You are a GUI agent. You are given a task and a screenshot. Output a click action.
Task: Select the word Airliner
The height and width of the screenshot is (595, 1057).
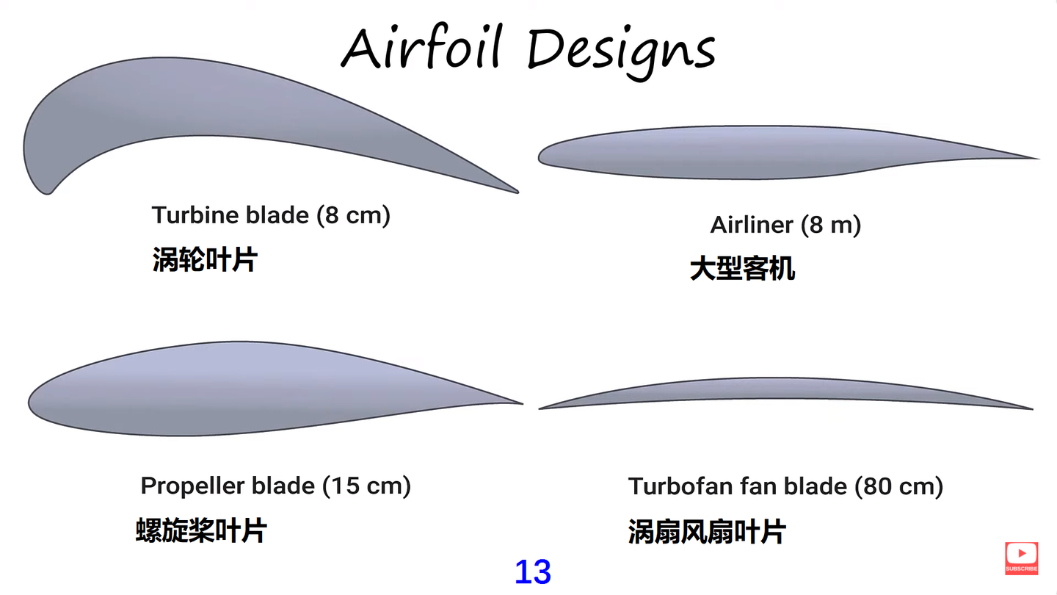click(752, 225)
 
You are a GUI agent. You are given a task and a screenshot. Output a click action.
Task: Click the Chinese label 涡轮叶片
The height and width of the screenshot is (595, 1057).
click(205, 259)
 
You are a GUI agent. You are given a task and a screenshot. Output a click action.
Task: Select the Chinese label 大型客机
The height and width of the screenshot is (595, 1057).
click(742, 269)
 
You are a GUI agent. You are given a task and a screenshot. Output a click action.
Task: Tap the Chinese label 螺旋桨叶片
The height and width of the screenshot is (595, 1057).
click(201, 530)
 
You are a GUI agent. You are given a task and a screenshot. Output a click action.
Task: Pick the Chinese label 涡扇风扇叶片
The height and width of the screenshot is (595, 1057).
click(707, 531)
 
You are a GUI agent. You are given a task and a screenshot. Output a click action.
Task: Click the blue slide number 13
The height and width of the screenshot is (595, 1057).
click(533, 572)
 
